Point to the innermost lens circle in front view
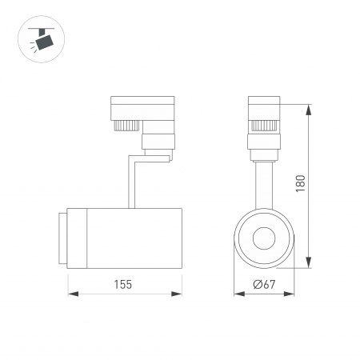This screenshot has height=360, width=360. (263, 238)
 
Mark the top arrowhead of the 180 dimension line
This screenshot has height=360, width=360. (309, 105)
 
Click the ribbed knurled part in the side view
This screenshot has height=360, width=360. (125, 125)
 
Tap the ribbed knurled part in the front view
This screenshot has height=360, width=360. (263, 125)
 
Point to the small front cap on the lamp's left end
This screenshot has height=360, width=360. (61, 238)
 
